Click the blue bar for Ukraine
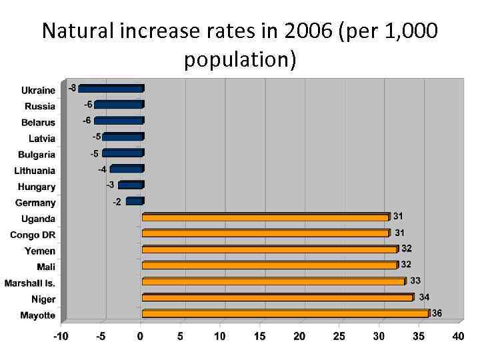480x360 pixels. point(111,89)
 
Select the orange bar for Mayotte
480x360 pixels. point(285,313)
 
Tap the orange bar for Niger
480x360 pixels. point(277,297)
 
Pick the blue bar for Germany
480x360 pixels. point(134,201)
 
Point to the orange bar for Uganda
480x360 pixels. point(265,217)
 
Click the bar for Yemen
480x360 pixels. point(269,249)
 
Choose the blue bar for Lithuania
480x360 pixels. point(126,169)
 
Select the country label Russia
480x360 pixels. point(40,107)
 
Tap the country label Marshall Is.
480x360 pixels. point(30,283)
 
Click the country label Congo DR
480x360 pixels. point(33,235)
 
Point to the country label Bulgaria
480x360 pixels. point(37,155)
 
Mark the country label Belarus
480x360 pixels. point(38,123)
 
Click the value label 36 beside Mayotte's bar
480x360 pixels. point(437,313)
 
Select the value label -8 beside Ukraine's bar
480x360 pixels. point(72,88)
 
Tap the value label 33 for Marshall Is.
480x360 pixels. point(415,281)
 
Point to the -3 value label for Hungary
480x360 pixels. point(110,185)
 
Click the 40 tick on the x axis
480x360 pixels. point(457,337)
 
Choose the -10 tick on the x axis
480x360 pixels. point(61,337)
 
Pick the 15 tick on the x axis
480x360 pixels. point(259,337)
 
